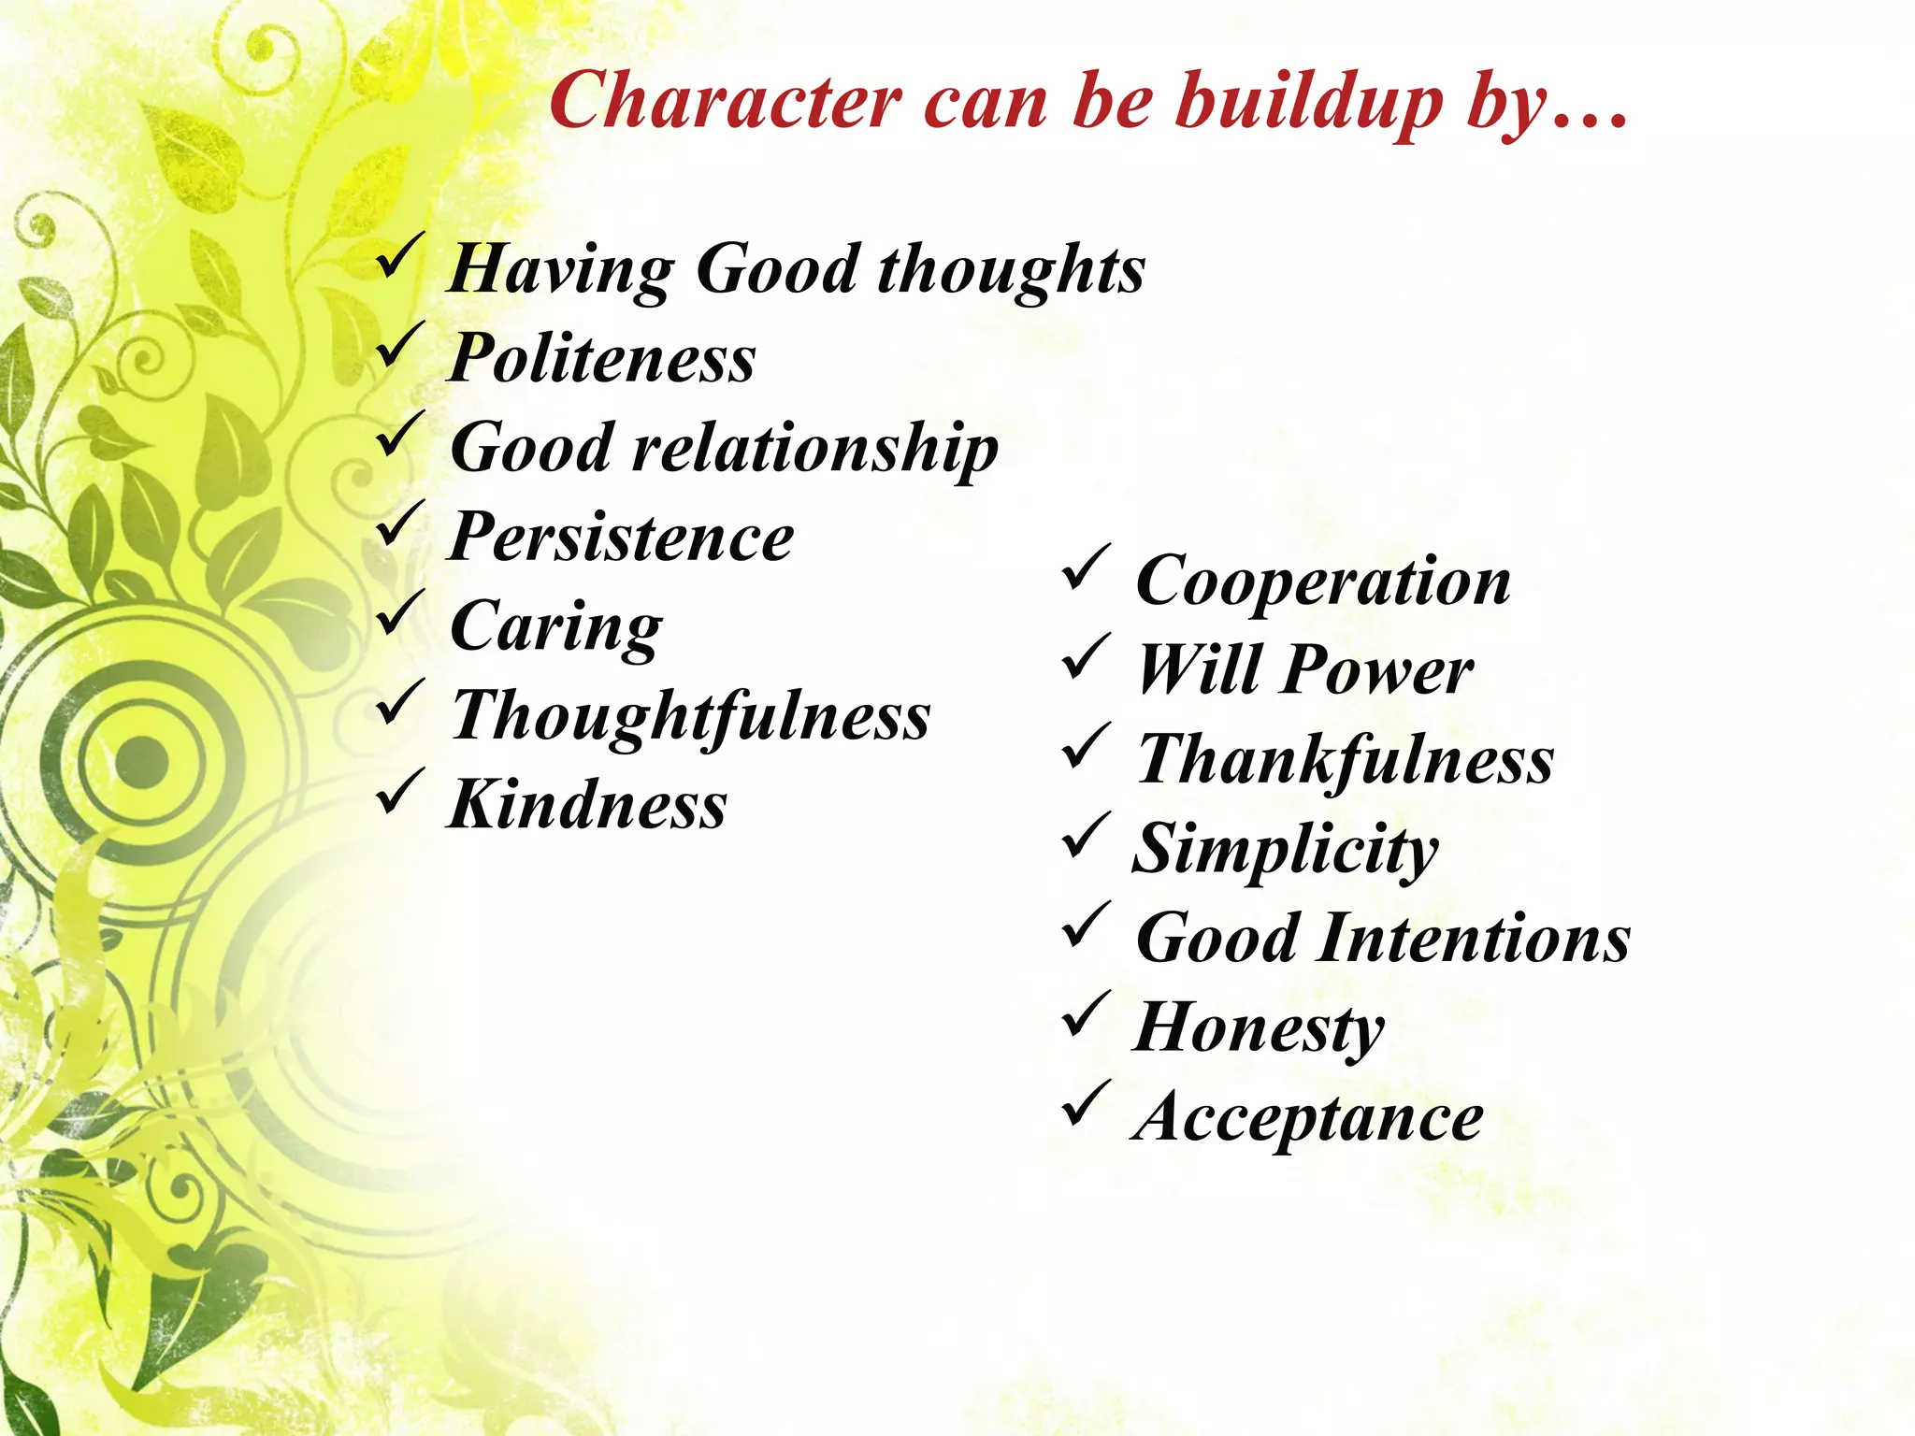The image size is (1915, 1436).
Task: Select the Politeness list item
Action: coord(602,358)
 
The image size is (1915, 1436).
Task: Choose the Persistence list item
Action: coord(621,538)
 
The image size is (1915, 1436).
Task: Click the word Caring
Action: coord(556,627)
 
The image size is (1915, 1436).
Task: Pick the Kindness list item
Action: coord(587,805)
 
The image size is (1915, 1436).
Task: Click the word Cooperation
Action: coord(1322,582)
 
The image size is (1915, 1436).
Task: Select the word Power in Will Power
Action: coord(1379,670)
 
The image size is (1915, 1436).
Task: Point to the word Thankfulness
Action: coord(1345,760)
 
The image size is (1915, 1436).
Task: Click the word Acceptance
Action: coord(1307,1117)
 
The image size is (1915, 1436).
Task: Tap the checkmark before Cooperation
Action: coord(1086,568)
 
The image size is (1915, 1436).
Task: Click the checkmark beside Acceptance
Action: coord(1086,1104)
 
